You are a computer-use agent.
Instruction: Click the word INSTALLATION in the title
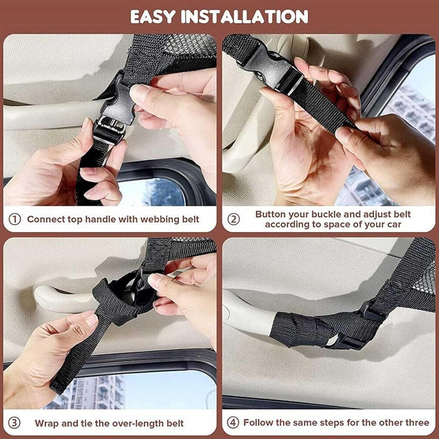[x=244, y=16]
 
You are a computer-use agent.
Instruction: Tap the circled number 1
[x=15, y=219]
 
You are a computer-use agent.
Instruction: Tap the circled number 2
[x=233, y=219]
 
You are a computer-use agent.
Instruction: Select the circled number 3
[x=14, y=423]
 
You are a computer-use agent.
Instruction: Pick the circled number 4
[x=233, y=423]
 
